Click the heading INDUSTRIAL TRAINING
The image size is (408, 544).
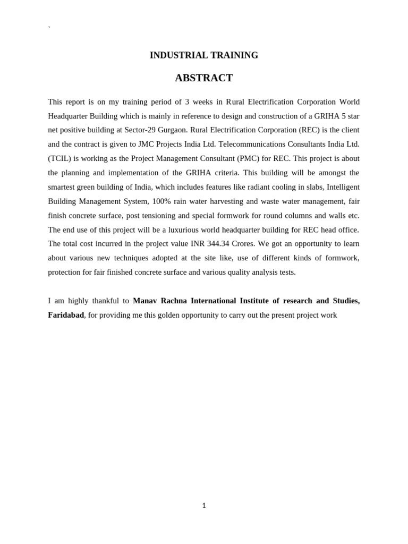pos(204,55)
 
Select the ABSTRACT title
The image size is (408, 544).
pos(204,78)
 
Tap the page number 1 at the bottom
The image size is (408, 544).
pos(204,506)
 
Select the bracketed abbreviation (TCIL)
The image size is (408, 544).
pos(59,159)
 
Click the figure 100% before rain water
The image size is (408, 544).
pos(161,201)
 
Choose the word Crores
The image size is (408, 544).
pos(242,244)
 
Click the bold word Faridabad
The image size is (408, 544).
pos(66,315)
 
